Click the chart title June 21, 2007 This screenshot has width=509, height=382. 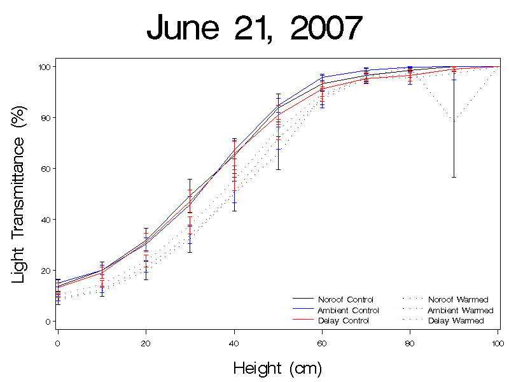(254, 29)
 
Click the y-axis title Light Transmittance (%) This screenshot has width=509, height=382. (20, 194)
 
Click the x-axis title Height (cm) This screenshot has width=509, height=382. (277, 368)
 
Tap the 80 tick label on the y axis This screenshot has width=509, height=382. (46, 118)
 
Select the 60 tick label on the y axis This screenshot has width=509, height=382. (46, 169)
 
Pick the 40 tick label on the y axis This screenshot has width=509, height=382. (46, 220)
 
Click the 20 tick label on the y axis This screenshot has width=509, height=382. (46, 271)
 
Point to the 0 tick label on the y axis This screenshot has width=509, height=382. (48, 322)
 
